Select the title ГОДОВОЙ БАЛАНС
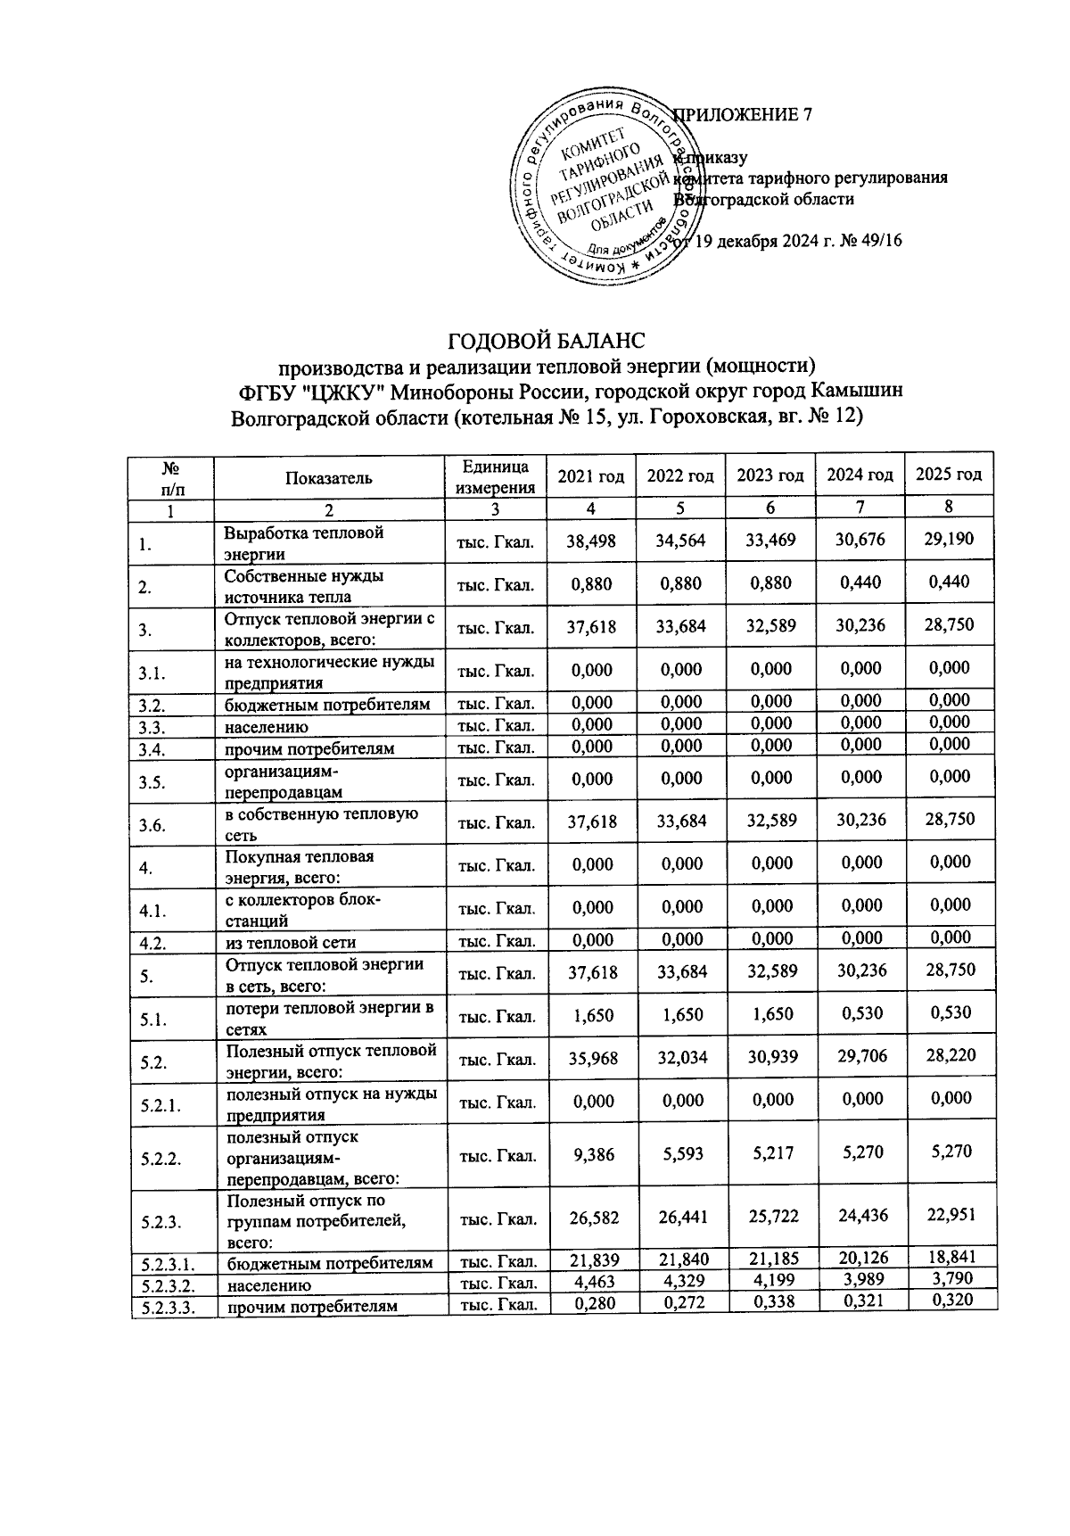[545, 341]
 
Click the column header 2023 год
[770, 475]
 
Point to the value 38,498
[592, 540]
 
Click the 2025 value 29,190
[949, 540]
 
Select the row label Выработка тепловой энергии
[304, 542]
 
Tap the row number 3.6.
[152, 824]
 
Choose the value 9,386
[592, 1153]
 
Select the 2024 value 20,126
[860, 1259]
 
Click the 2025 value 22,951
[949, 1213]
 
